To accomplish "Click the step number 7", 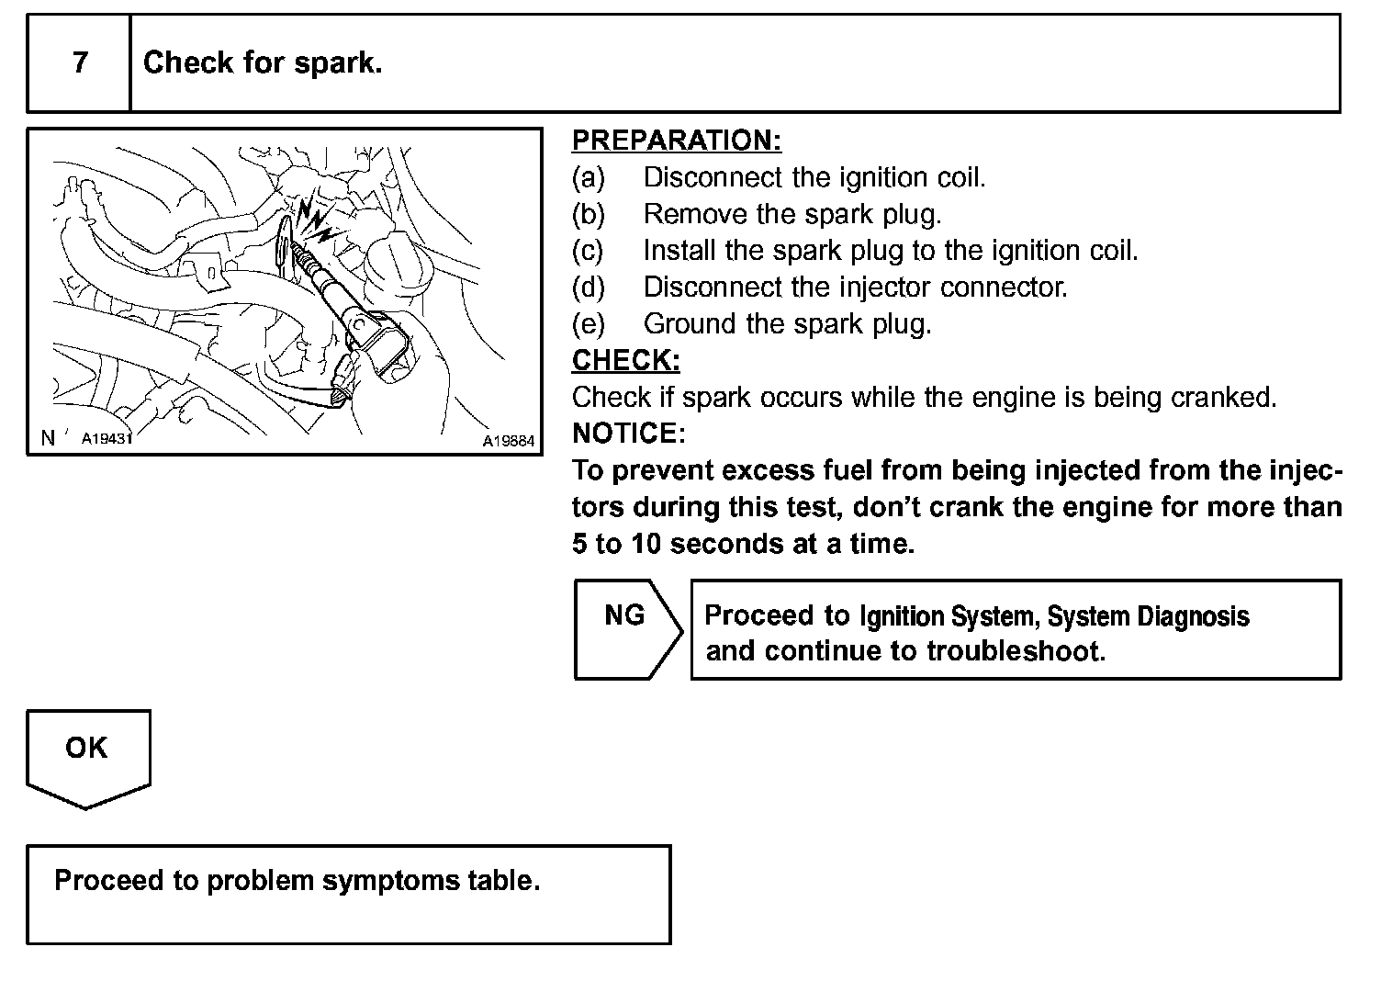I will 81,63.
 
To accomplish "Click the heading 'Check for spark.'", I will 263,63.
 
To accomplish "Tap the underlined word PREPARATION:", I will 677,141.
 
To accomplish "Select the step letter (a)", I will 589,177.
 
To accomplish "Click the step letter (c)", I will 589,251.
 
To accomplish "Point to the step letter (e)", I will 589,324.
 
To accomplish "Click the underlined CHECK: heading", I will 626,361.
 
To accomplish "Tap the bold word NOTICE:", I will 629,433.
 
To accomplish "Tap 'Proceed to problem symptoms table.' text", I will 298,881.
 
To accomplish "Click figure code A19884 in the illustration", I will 509,441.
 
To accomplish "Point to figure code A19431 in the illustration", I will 107,439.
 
